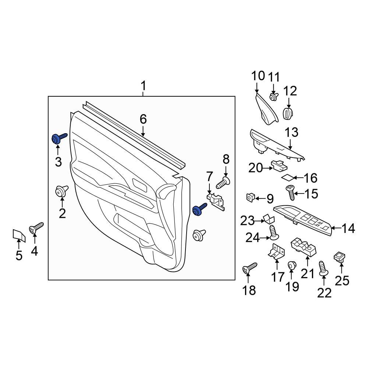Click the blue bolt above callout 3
[x=58, y=139]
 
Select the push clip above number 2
[x=61, y=191]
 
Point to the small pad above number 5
[x=18, y=234]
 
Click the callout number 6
[x=143, y=119]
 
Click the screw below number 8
[x=224, y=181]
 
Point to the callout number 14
[x=348, y=229]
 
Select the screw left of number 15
[x=291, y=191]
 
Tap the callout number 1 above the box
[x=143, y=87]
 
